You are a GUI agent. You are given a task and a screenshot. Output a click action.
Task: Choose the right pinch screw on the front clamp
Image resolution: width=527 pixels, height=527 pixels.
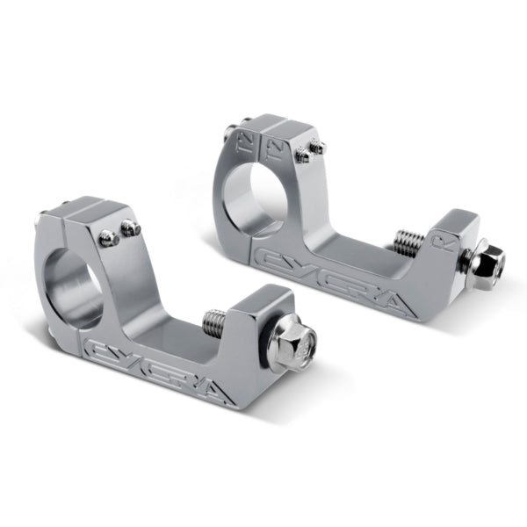pyautogui.click(x=131, y=229)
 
